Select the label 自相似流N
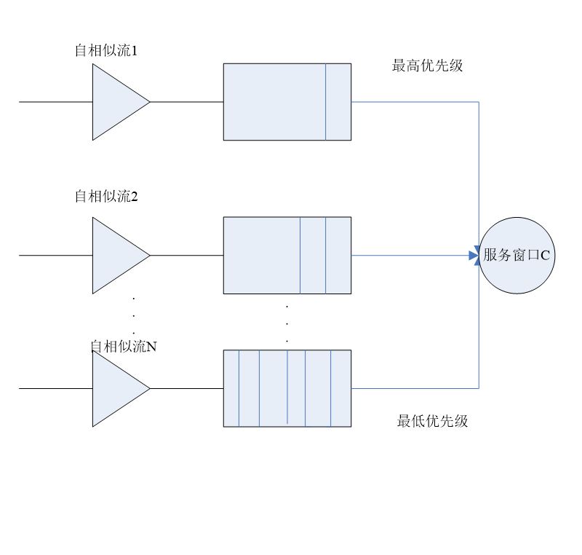click(123, 347)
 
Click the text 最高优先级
click(427, 66)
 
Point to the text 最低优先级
click(432, 420)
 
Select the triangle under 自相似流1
click(116, 102)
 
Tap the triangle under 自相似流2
click(116, 256)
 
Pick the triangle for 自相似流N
click(116, 388)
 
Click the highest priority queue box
click(276, 102)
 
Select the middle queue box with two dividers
click(262, 256)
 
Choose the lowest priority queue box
click(287, 388)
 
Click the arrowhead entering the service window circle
click(474, 256)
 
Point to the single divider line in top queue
click(326, 102)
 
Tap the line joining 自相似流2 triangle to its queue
click(186, 256)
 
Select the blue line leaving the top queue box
click(415, 102)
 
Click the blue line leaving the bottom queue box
click(415, 388)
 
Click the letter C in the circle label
click(545, 256)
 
